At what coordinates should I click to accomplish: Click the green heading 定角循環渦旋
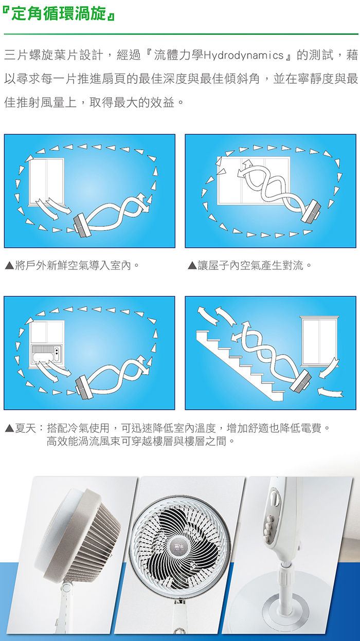(59, 13)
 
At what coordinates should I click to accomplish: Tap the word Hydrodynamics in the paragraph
(243, 54)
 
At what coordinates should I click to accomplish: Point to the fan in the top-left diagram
(82, 225)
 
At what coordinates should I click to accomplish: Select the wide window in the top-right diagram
(254, 180)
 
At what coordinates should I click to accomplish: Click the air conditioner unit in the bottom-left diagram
(46, 355)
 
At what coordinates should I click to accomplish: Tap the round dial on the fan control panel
(274, 499)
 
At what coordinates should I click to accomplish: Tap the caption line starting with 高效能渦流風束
(140, 441)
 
